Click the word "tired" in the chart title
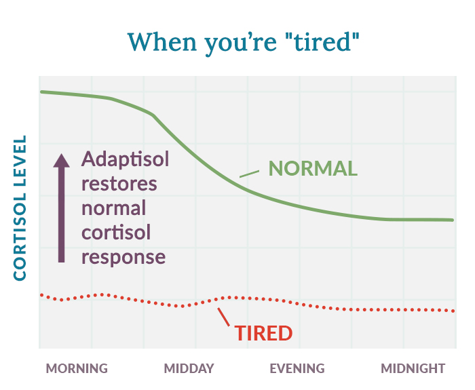point(314,41)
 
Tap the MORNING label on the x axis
point(77,369)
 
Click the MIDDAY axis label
point(189,369)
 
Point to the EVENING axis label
point(297,369)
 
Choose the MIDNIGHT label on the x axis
point(413,369)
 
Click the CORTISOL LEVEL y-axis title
point(20,208)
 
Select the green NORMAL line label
point(313,168)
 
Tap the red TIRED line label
point(263,333)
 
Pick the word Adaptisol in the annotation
point(126,160)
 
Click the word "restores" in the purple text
point(119,184)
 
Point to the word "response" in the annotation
point(123,257)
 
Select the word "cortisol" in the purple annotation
point(116,233)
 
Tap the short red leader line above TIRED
point(223,317)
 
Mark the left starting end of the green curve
point(41,92)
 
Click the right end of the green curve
point(452,220)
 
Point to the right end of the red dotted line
point(453,311)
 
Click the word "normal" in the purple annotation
point(113,208)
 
